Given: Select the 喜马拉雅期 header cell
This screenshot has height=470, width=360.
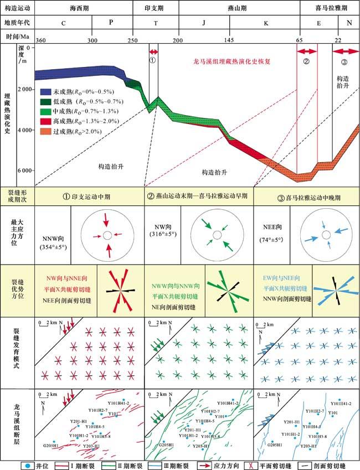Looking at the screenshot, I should tap(329, 9).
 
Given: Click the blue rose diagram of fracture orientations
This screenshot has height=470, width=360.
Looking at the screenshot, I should tap(336, 289).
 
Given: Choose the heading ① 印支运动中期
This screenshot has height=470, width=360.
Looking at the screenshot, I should tap(90, 196).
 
